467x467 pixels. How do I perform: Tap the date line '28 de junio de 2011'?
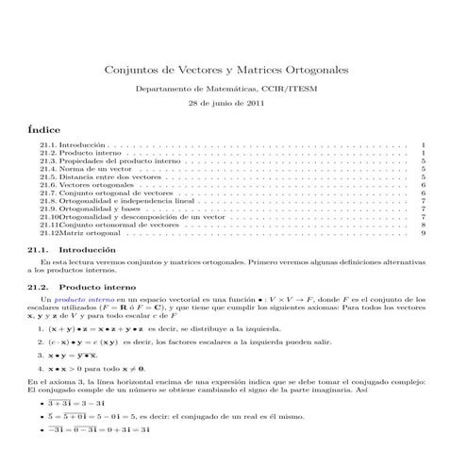point(224,102)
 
